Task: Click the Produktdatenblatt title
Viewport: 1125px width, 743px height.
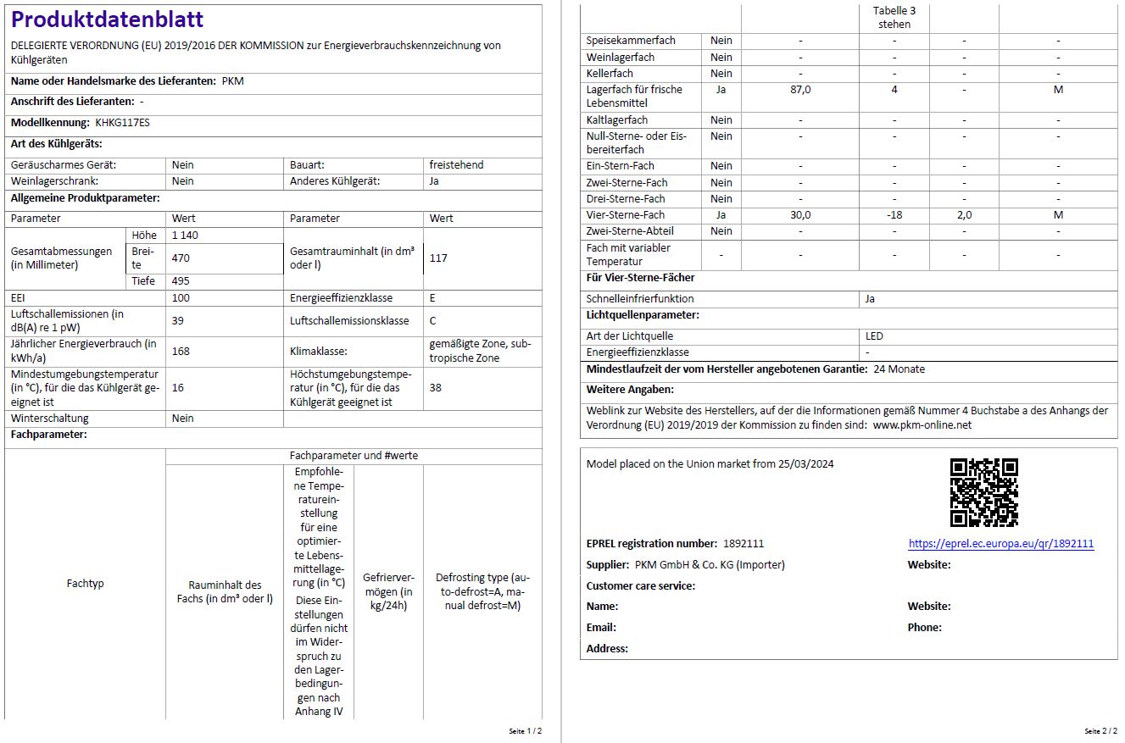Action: [108, 19]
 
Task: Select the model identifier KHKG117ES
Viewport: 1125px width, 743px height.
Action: [122, 123]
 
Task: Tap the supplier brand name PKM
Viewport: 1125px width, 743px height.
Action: [232, 81]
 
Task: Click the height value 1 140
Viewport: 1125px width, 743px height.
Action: [185, 236]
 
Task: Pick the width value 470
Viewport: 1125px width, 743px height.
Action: [181, 258]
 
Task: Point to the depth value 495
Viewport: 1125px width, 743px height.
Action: [181, 281]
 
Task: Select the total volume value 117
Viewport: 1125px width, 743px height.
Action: [438, 258]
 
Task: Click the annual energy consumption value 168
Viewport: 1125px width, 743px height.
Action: [181, 351]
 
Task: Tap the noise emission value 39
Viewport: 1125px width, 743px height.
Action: [178, 320]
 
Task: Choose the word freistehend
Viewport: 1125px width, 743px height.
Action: [456, 165]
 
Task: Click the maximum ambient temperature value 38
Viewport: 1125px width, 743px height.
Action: [436, 387]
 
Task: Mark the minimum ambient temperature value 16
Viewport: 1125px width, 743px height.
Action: [178, 387]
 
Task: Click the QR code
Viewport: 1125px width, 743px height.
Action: [983, 492]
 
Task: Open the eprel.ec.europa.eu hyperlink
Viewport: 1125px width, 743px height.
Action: [1000, 544]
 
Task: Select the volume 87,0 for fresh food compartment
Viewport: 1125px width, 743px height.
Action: [800, 90]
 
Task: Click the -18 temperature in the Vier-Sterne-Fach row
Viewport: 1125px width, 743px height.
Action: [894, 215]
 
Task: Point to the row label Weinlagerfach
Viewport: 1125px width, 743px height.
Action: [621, 58]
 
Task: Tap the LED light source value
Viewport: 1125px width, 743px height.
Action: [874, 336]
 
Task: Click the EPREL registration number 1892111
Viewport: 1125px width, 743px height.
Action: [744, 544]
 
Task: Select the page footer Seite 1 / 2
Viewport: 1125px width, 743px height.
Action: [525, 730]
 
